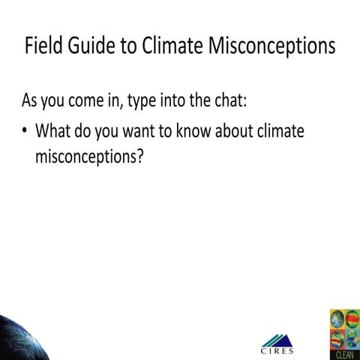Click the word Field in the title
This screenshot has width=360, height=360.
(46, 46)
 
